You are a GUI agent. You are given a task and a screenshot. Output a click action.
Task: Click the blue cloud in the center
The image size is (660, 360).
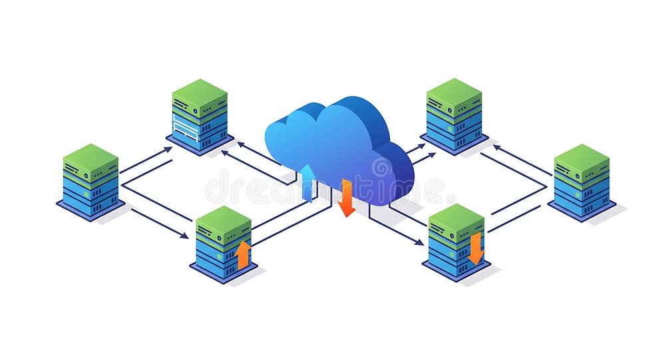339,143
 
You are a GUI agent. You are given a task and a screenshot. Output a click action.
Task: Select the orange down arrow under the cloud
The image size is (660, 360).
346,199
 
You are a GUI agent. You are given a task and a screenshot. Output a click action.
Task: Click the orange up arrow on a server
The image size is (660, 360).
244,255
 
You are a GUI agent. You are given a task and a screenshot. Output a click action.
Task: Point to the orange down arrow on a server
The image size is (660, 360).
475,248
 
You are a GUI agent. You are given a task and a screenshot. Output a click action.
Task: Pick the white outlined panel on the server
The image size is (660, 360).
186,126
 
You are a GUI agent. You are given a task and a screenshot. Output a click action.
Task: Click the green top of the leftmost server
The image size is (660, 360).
90,156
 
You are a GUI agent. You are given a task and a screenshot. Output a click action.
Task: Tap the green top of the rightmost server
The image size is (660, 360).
581,157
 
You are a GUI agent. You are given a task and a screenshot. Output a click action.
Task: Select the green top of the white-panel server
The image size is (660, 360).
200,92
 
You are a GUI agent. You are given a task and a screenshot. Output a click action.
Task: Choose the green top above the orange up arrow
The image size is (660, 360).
224,219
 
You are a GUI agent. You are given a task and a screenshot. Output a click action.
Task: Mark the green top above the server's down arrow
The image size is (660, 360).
456,217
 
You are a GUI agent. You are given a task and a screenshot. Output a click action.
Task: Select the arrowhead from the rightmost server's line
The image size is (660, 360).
496,147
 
